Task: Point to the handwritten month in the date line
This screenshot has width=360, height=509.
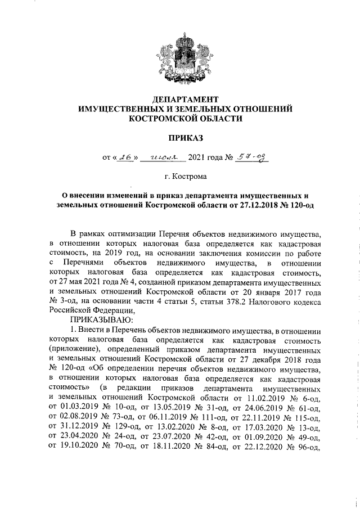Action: pos(160,159)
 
